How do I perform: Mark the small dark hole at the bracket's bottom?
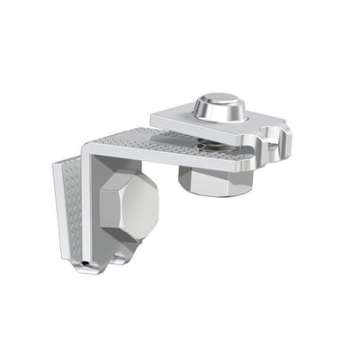tap(84, 263)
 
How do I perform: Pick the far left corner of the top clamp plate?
tap(153, 114)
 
